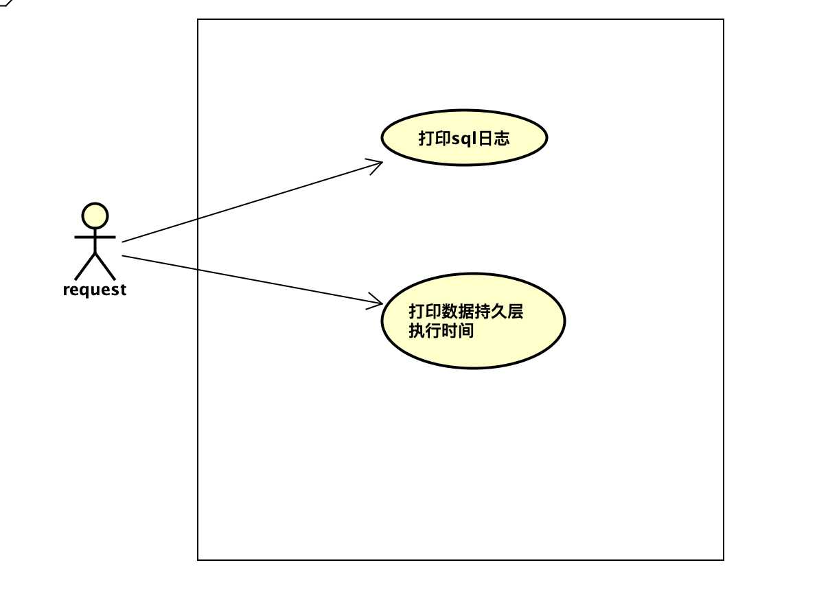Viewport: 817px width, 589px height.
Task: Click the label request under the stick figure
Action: (x=94, y=290)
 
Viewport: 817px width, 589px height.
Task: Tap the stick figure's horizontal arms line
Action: (x=95, y=237)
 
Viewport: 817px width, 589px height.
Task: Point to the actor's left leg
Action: (x=85, y=266)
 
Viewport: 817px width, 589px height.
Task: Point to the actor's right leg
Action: (x=105, y=266)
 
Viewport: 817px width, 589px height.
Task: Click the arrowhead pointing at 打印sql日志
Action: (x=376, y=165)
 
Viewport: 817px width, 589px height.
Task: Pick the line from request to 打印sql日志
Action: (x=252, y=202)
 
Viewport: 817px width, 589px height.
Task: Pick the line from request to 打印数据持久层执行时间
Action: (x=252, y=279)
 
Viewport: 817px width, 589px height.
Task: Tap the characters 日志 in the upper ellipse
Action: (x=494, y=139)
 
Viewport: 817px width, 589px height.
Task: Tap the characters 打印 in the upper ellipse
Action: (x=435, y=139)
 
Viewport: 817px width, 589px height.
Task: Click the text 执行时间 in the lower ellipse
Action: (x=441, y=331)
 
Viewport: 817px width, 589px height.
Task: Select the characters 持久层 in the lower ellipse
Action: (x=498, y=312)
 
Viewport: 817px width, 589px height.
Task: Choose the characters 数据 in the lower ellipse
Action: (x=457, y=312)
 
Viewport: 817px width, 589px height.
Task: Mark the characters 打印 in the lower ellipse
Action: (x=425, y=312)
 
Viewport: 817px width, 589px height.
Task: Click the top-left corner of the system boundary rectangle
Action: (x=198, y=20)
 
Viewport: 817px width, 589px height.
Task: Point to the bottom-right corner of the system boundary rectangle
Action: (x=723, y=560)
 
